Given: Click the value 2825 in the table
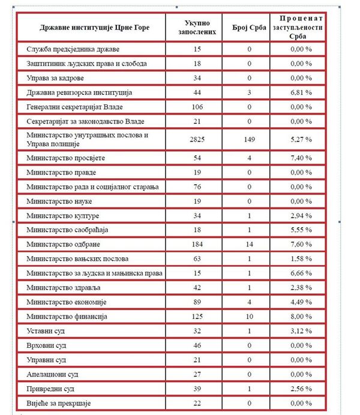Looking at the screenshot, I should [197, 140].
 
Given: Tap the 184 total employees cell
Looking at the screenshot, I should [197, 245].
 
